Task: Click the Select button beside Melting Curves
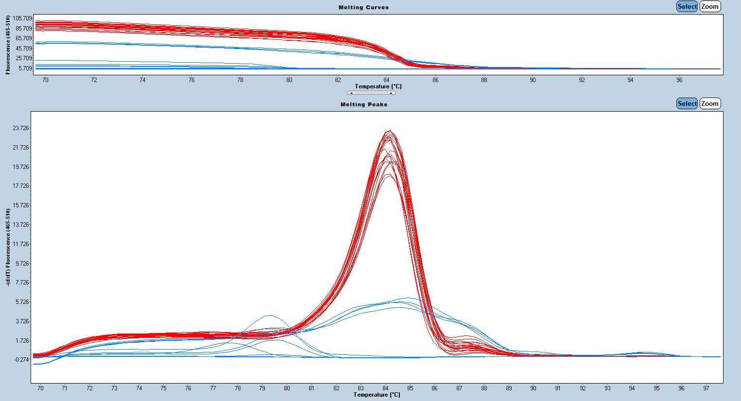tap(687, 6)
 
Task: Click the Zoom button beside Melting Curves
tap(710, 6)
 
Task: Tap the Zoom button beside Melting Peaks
tap(710, 103)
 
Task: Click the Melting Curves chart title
tap(363, 7)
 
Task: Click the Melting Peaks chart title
tap(363, 104)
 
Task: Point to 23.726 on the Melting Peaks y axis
tap(21, 128)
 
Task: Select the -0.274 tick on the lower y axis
tap(21, 359)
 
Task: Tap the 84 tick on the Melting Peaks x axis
tap(385, 388)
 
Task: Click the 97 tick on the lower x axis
tap(707, 388)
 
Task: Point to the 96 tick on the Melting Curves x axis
tap(679, 80)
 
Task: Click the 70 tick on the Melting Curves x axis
tap(45, 80)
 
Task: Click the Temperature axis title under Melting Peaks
tap(377, 395)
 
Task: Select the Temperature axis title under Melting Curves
tap(378, 86)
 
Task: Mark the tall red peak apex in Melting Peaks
tap(389, 131)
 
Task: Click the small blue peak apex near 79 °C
tap(270, 315)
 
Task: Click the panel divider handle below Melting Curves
tap(371, 93)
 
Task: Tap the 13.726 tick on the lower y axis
tap(21, 224)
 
